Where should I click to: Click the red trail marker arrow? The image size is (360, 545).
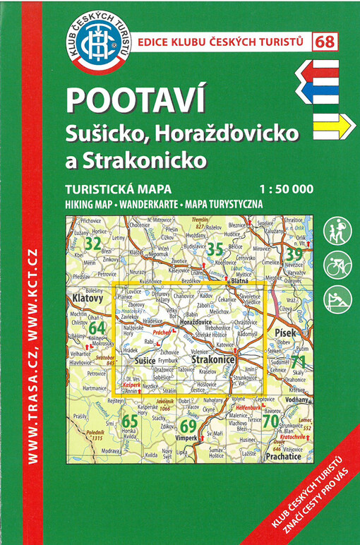tap(318, 70)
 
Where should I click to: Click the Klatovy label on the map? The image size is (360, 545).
tap(88, 299)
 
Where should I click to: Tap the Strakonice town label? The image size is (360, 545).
tap(213, 360)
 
